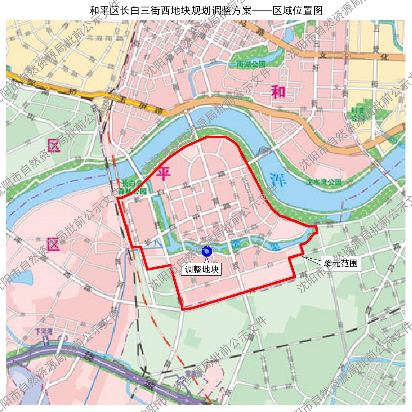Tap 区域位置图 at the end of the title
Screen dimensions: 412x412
(x=298, y=11)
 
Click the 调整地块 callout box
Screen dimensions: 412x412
(x=201, y=269)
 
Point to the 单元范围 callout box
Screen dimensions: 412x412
(x=341, y=263)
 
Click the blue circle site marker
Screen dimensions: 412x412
(x=206, y=252)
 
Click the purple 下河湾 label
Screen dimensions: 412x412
(x=44, y=331)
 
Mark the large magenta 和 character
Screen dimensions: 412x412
(x=278, y=92)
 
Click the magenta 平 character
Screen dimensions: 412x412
(x=163, y=174)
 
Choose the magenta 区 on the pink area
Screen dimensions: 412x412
(x=54, y=244)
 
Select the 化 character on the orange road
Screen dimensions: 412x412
(x=385, y=56)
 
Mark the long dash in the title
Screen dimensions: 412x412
(x=262, y=11)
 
